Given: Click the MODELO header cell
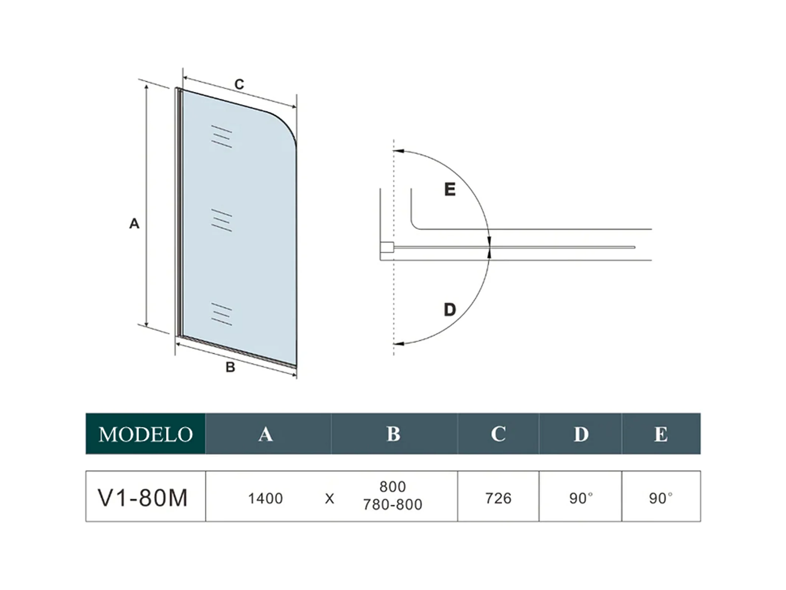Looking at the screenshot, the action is tap(145, 434).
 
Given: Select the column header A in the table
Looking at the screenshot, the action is tap(265, 434).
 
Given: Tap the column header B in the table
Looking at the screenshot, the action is tap(393, 434).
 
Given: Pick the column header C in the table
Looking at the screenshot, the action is tap(498, 434).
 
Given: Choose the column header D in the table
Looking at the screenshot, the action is tap(581, 434).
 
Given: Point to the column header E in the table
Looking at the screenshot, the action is tap(661, 434).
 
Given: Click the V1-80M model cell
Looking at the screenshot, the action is tap(143, 497).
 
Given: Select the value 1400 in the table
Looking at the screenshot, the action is tap(265, 498).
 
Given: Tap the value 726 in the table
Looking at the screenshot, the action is tap(498, 498).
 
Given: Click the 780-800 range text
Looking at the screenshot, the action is tap(393, 505).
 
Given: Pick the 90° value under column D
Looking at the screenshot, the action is tap(581, 498).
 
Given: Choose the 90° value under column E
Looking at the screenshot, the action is tap(661, 498).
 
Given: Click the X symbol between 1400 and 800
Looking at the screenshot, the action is tap(329, 499).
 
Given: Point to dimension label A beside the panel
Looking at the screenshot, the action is tap(134, 224).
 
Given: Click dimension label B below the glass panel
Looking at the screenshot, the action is tap(230, 367).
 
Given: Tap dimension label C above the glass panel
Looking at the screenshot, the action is tap(239, 84).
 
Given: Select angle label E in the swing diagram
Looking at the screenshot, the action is tap(449, 189).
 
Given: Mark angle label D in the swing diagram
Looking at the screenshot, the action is tap(449, 310).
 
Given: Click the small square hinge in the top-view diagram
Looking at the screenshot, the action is tap(387, 248).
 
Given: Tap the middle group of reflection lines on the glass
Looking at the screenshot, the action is tap(221, 220).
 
